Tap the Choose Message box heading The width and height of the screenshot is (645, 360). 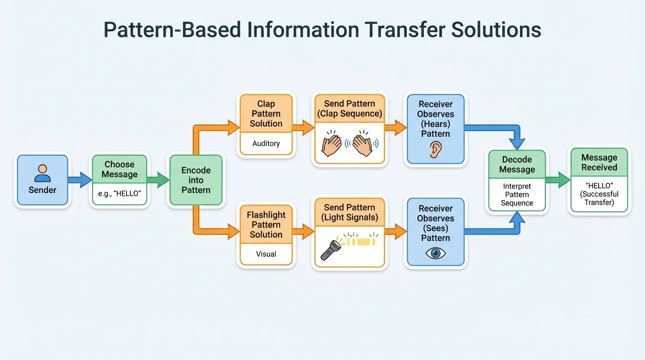tap(120, 169)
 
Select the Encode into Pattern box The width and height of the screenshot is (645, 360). tap(196, 180)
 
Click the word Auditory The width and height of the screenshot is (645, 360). tap(266, 143)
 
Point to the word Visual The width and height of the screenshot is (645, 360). tap(266, 254)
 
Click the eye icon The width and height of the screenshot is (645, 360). tap(435, 253)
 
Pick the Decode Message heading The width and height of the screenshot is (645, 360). tap(517, 165)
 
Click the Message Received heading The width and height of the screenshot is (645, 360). tap(599, 163)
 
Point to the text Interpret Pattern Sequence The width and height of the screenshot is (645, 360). tap(517, 195)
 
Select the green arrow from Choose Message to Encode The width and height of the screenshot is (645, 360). tap(158, 180)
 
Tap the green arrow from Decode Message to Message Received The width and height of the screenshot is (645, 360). tap(558, 180)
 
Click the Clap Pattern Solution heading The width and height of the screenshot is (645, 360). tap(266, 114)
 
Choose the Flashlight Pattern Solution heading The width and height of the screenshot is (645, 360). tap(266, 225)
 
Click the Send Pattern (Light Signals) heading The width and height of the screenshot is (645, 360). tap(350, 212)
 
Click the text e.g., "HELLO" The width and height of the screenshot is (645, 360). tap(120, 193)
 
